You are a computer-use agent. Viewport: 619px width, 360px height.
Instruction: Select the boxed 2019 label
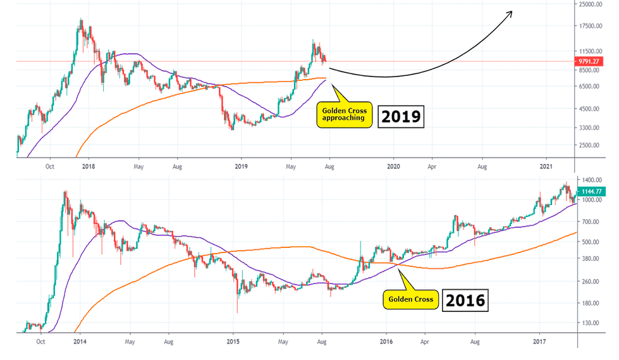click(400, 117)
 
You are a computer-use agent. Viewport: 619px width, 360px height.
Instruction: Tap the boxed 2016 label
click(464, 300)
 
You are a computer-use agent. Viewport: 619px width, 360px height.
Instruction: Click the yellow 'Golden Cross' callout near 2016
click(412, 300)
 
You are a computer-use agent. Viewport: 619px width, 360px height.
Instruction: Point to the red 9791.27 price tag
click(592, 61)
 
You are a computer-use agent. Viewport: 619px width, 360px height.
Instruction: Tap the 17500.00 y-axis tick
click(594, 26)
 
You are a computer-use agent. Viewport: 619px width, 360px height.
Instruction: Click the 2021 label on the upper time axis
click(547, 166)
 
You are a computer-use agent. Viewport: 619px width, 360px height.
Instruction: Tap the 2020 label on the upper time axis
click(393, 166)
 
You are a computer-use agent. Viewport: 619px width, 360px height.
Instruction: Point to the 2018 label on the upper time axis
click(88, 166)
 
